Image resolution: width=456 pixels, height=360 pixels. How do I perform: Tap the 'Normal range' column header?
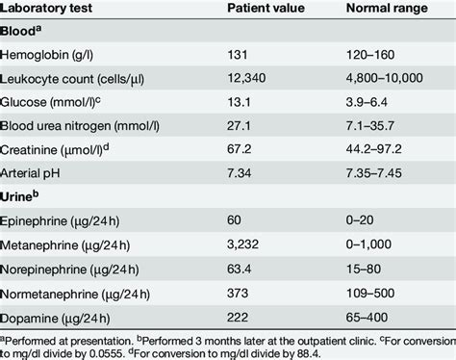(386, 10)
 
